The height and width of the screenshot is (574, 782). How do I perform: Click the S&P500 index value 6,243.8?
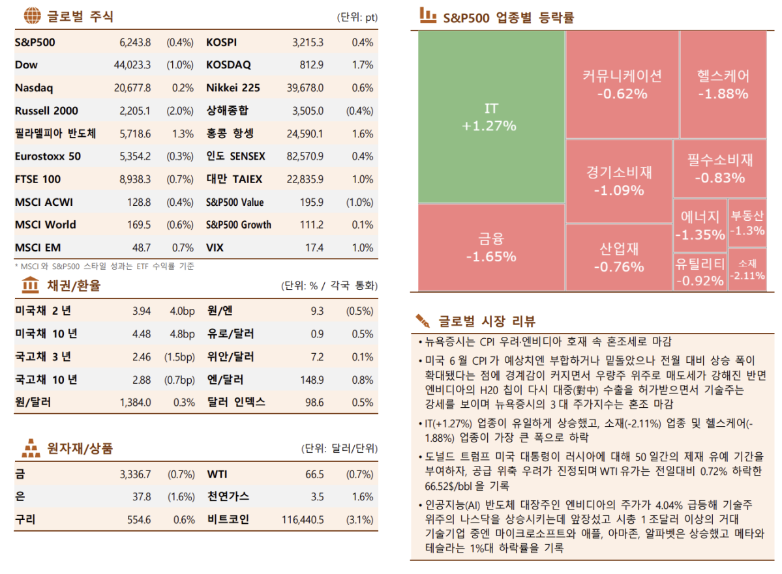[x=135, y=42]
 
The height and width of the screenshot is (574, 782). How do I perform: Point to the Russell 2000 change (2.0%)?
[x=180, y=111]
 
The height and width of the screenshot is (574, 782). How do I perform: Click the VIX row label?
[x=215, y=248]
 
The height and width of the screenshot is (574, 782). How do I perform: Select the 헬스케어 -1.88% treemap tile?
[x=723, y=84]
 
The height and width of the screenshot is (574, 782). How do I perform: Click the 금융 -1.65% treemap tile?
[x=490, y=248]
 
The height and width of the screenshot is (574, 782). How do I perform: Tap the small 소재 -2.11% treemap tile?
[x=747, y=269]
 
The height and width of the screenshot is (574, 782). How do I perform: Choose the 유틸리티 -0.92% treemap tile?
[x=700, y=272]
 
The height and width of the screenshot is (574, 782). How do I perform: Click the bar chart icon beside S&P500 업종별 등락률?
[x=428, y=16]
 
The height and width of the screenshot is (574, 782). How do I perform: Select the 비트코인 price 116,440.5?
[x=303, y=519]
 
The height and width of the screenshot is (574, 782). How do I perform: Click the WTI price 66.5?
[x=314, y=474]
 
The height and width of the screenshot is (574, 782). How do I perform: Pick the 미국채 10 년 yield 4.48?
[x=141, y=334]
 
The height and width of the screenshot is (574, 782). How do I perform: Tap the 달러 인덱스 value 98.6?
[x=314, y=402]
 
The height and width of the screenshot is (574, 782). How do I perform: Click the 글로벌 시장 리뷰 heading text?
[x=487, y=321]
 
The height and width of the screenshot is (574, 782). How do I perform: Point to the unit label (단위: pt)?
[x=357, y=18]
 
